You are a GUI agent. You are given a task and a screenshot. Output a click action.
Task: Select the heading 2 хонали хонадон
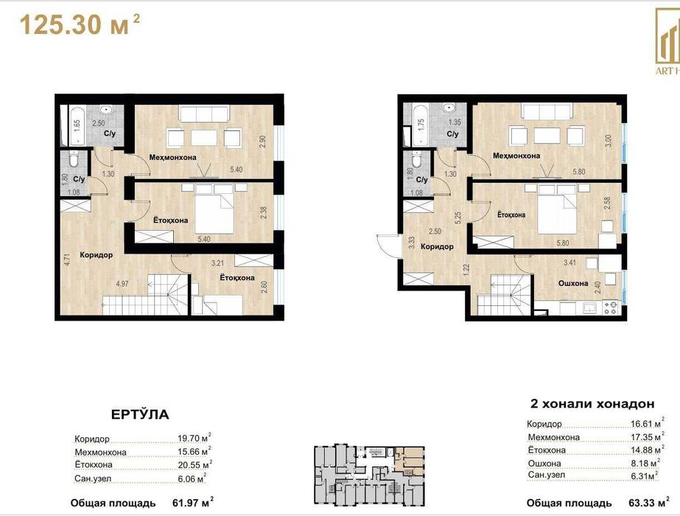pyautogui.click(x=592, y=404)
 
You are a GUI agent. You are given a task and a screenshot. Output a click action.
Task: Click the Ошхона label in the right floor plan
pyautogui.click(x=572, y=283)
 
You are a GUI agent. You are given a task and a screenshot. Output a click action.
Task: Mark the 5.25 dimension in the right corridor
pyautogui.click(x=458, y=217)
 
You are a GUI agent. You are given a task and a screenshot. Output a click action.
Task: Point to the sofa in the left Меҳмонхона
pyautogui.click(x=203, y=115)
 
